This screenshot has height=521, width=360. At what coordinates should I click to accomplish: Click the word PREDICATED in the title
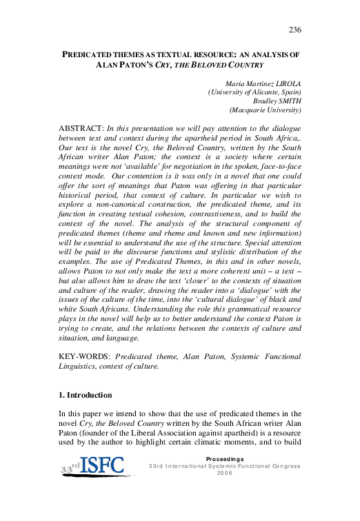tap(93, 53)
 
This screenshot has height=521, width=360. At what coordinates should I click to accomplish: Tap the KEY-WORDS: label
tap(86, 356)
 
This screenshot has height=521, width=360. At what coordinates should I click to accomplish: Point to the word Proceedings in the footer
tap(225, 458)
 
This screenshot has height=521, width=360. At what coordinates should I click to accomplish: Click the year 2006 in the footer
tap(225, 473)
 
